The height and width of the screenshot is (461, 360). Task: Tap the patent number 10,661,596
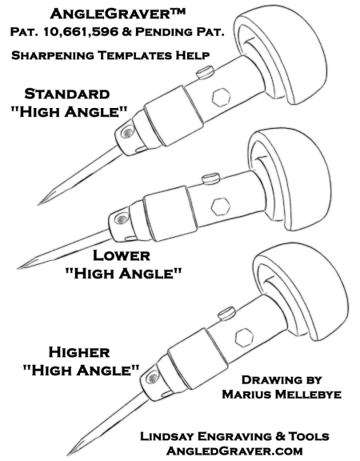tap(81, 32)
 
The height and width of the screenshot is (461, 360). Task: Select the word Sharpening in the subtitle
tap(53, 55)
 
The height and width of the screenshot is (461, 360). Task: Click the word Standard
tap(67, 94)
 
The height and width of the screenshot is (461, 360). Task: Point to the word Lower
tap(122, 255)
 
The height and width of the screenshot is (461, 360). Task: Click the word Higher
tap(79, 352)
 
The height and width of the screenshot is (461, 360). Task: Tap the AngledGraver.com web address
tap(234, 451)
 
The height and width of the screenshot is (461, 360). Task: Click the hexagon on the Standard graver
tap(221, 98)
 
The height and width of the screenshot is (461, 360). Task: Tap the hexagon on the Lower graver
tap(221, 206)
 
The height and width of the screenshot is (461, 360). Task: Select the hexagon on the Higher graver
tap(244, 337)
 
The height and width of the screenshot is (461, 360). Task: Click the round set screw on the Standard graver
tap(127, 133)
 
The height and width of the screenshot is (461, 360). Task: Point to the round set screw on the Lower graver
tap(121, 218)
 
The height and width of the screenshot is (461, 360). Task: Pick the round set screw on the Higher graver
tap(153, 378)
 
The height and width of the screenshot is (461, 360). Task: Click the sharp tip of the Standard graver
tap(38, 204)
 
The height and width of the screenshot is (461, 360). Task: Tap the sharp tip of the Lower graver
tap(18, 268)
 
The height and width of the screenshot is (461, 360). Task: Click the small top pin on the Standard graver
tap(205, 72)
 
